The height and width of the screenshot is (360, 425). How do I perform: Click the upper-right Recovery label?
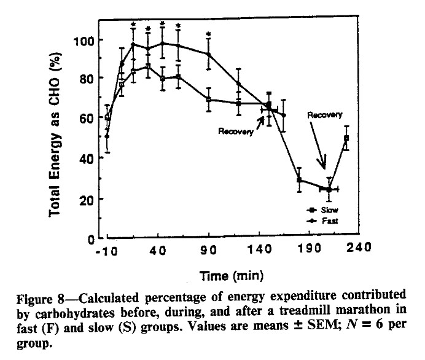point(324,114)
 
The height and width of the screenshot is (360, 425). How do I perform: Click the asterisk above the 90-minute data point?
point(209,34)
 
